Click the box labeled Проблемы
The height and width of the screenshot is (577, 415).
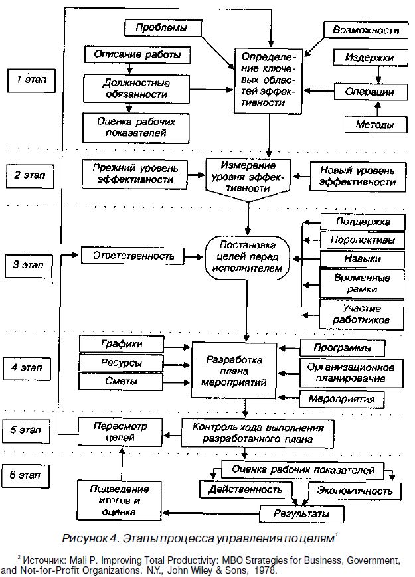tap(161, 28)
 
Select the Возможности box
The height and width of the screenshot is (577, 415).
tap(365, 30)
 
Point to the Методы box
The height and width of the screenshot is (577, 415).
tap(374, 124)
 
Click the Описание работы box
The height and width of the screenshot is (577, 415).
tap(137, 54)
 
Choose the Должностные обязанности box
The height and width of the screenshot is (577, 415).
tap(136, 90)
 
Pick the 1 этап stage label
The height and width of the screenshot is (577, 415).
tap(31, 81)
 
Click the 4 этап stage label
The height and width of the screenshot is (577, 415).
tap(31, 367)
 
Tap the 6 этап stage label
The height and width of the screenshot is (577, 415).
tap(31, 475)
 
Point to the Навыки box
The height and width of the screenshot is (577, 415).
tap(363, 258)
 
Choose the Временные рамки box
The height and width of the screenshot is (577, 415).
tap(363, 284)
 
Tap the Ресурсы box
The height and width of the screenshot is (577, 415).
tap(121, 363)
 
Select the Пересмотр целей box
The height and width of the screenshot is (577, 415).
tap(120, 431)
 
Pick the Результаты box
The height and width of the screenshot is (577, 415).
tap(301, 514)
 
